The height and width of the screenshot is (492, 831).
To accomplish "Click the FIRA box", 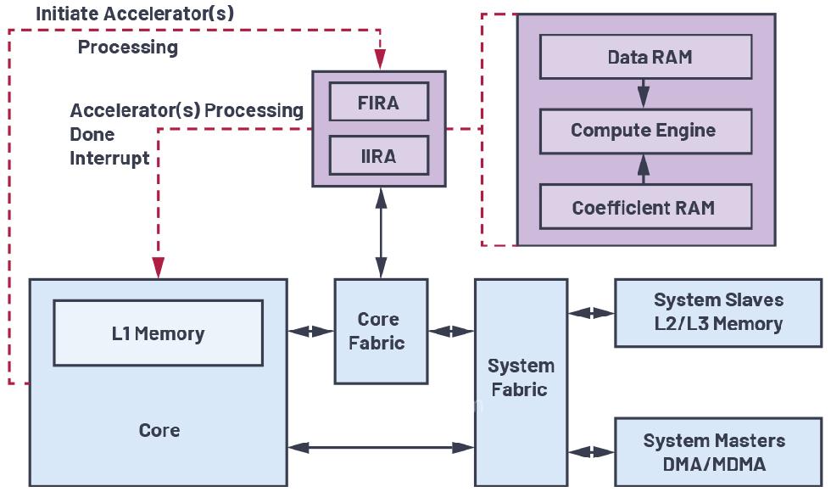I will click(378, 103).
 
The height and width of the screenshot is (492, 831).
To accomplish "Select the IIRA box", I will click(378, 156).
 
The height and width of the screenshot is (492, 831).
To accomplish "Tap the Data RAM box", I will click(645, 58).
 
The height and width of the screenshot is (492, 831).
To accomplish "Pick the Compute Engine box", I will click(645, 131).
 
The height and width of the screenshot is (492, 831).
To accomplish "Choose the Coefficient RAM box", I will click(645, 207).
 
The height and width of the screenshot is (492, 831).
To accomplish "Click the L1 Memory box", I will click(159, 333).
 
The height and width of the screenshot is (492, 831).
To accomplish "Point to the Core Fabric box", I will click(378, 331).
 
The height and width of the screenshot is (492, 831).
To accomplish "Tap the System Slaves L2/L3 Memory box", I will click(717, 312).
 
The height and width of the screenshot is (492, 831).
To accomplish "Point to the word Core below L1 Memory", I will click(159, 430).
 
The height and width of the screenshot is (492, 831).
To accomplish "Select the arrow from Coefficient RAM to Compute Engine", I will click(644, 169).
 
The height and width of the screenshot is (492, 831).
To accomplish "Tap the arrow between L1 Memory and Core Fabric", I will click(310, 332).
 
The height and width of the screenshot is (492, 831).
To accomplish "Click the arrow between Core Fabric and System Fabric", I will click(451, 332).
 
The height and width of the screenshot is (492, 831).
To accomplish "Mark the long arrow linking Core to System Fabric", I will click(381, 446).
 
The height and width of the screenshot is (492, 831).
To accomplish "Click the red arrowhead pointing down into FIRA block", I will click(379, 59).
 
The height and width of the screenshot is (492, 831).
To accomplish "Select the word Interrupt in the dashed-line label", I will click(109, 159).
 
